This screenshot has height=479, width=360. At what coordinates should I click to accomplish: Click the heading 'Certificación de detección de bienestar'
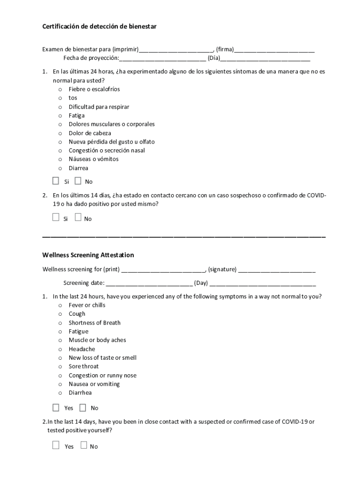(x=99, y=27)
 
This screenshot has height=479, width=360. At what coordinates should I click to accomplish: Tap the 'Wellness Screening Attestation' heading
(x=88, y=255)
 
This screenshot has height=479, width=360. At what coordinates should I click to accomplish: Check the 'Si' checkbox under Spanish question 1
(x=56, y=181)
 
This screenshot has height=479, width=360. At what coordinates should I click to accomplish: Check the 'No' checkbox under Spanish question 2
(x=78, y=218)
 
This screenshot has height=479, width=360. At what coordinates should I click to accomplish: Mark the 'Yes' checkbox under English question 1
(x=56, y=407)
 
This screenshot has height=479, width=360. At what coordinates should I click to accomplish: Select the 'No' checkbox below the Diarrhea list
(x=83, y=407)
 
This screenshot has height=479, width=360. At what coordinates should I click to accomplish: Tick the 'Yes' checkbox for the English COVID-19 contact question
(x=56, y=445)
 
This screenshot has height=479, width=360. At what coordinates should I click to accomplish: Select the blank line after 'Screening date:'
(x=149, y=283)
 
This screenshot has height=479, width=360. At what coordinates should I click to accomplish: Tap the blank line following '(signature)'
(x=277, y=269)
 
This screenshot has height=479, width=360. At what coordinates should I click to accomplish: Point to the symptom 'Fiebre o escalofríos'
(x=94, y=89)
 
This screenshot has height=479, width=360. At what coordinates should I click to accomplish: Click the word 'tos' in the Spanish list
(x=73, y=98)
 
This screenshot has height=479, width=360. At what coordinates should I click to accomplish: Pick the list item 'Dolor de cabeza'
(x=90, y=133)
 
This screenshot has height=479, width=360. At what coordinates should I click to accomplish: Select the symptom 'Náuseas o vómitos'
(x=94, y=159)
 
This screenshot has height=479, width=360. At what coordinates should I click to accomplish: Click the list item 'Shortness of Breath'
(x=94, y=323)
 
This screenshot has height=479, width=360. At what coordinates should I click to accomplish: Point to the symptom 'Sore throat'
(x=84, y=366)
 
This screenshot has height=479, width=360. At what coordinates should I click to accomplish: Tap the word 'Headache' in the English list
(x=82, y=349)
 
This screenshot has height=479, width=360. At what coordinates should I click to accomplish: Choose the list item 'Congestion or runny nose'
(x=102, y=375)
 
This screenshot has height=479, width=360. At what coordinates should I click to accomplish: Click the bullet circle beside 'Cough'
(x=60, y=314)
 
